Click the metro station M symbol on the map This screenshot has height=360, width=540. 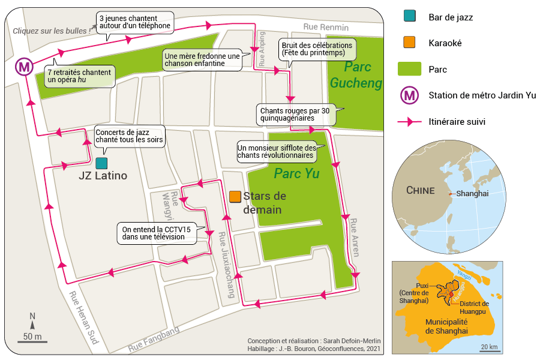25,67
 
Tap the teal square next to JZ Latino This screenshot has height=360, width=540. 101,163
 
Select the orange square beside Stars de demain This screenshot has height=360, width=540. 235,196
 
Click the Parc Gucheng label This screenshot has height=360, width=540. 355,75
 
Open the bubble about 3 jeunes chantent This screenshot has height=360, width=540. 134,22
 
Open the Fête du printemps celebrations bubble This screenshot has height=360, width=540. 316,49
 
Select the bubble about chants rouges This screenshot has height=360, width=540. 294,114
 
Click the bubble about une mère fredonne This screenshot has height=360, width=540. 201,59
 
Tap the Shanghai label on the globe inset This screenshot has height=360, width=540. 472,194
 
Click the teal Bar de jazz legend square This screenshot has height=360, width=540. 410,17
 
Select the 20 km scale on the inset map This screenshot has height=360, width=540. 489,347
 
